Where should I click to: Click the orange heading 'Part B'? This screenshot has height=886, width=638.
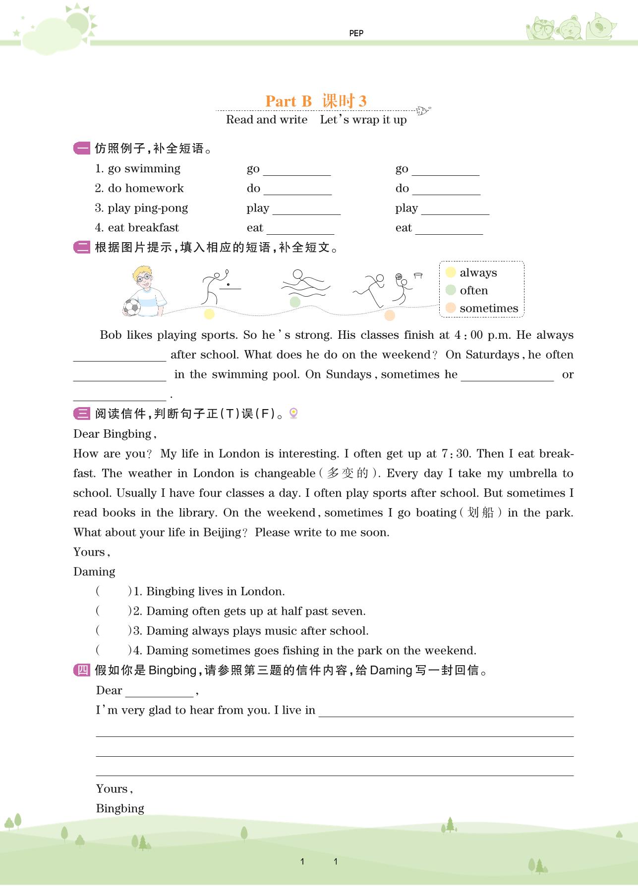[x=288, y=101]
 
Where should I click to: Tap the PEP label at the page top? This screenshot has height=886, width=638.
[x=356, y=33]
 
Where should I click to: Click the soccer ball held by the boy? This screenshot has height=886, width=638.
[x=132, y=307]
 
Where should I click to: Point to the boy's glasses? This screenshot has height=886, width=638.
[x=144, y=278]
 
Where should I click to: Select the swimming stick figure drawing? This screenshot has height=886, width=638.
[x=304, y=284]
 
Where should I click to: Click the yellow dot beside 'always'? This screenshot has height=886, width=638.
[x=451, y=272]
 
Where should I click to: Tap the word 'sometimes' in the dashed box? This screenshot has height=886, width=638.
[x=488, y=308]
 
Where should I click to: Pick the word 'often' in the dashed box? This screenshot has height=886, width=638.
[x=473, y=290]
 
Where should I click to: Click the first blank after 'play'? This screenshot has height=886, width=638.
[x=306, y=209]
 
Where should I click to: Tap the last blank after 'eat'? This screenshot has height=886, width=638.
[x=449, y=229]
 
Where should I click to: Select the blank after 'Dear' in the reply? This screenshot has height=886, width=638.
[x=159, y=691]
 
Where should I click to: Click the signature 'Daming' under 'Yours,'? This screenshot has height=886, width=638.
[x=94, y=572]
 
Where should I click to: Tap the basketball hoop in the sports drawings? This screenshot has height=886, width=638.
[x=417, y=275]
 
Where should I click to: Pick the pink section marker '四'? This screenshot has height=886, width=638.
[x=82, y=670]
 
